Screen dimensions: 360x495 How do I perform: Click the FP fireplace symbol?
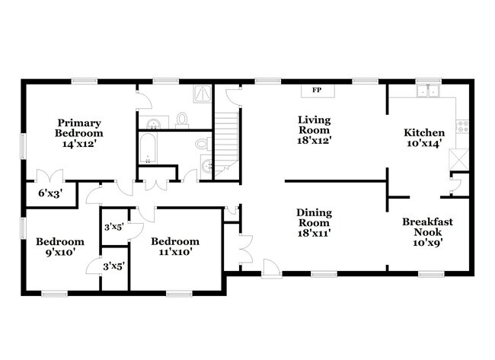[315, 91]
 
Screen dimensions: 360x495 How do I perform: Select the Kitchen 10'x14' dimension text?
[424, 144]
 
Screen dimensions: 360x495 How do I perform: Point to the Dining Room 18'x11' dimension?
[314, 234]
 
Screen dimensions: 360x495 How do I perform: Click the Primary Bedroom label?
[78, 128]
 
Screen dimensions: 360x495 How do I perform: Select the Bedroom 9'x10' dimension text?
[60, 253]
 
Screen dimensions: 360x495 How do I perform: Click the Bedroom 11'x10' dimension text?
[175, 253]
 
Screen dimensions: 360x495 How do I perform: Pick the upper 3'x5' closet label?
[113, 226]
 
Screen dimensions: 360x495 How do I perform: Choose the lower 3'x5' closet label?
[113, 266]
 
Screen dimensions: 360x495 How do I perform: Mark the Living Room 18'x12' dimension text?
[314, 139]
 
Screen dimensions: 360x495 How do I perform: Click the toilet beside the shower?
[182, 119]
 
